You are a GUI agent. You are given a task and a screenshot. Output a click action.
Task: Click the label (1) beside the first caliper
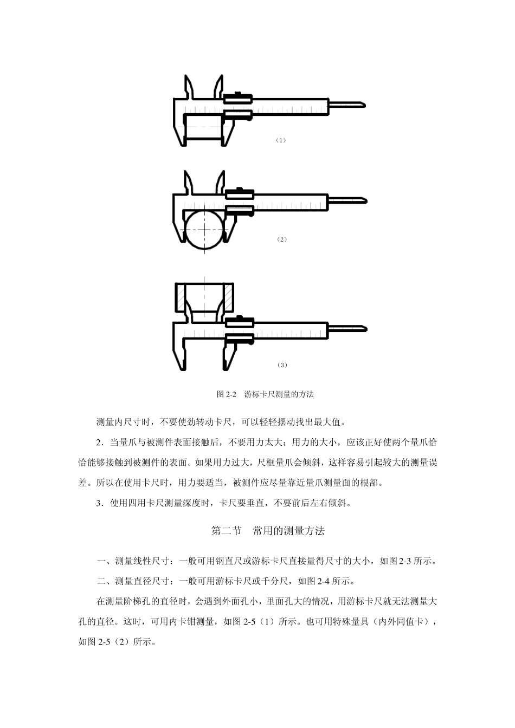tap(280, 140)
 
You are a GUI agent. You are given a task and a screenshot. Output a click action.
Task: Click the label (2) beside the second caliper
tap(281, 239)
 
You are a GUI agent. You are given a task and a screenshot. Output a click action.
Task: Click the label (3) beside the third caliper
tap(281, 365)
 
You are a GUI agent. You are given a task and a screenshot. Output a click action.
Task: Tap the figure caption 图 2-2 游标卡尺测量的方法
tap(265, 394)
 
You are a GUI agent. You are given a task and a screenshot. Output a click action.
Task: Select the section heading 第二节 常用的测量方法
tap(268, 531)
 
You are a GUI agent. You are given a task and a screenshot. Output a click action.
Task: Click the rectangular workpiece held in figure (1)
tap(203, 128)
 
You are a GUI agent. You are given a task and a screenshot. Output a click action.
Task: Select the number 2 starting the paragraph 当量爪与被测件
tap(99, 443)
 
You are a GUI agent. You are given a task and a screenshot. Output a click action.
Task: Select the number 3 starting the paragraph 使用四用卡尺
tap(99, 503)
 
